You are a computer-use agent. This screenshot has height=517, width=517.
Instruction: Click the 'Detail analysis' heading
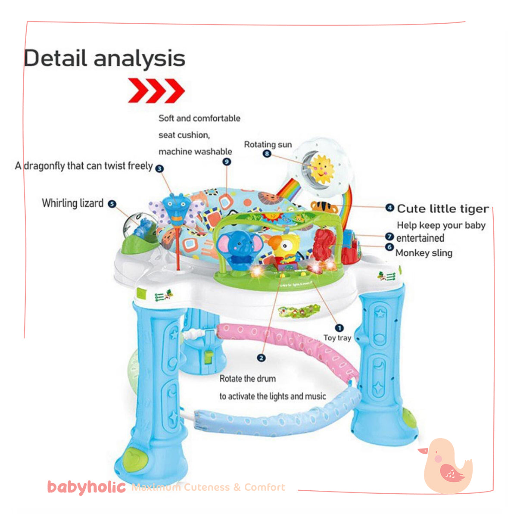point(105,59)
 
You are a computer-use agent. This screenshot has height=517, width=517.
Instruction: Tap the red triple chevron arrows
point(156,90)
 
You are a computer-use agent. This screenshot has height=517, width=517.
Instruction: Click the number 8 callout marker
point(267,153)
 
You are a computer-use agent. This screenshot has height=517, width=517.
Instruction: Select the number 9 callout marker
point(227,162)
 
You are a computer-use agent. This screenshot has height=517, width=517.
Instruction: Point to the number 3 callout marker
point(159,168)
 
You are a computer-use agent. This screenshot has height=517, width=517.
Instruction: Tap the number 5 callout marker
point(112,204)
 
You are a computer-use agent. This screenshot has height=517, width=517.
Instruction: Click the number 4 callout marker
point(389,208)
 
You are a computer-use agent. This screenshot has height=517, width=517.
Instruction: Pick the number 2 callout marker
point(261,358)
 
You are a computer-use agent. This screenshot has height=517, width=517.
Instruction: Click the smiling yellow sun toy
point(321,169)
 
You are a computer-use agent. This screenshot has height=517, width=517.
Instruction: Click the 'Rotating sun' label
point(268,144)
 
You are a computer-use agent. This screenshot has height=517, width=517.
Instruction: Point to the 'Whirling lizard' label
point(72,203)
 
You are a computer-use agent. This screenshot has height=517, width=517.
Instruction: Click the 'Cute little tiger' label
point(442,209)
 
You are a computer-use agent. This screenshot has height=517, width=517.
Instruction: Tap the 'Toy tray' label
point(337,338)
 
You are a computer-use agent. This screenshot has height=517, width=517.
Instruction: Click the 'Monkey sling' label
point(424,253)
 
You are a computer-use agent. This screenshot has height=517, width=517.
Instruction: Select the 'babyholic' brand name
point(86,487)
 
